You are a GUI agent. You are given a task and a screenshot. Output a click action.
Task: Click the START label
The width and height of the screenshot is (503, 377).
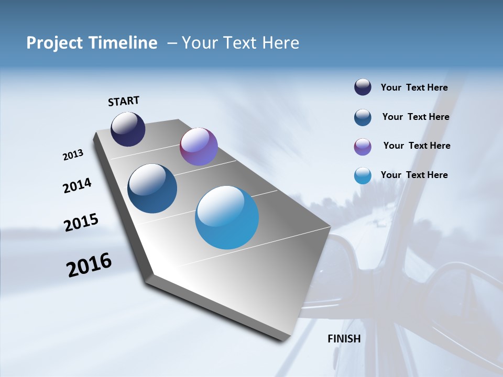click(124, 101)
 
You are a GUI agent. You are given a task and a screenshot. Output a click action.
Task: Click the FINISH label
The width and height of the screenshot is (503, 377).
click(344, 339)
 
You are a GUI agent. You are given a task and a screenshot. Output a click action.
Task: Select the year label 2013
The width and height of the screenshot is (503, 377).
click(73, 155)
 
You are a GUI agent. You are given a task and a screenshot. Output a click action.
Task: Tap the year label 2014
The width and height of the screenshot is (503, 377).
click(77, 186)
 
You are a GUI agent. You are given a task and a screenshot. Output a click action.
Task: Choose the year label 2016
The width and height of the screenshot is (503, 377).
click(89, 265)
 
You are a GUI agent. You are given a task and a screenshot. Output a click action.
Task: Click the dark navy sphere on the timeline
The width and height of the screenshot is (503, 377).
click(128, 129)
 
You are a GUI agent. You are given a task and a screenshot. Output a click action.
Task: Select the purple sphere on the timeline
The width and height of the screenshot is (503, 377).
click(199, 147)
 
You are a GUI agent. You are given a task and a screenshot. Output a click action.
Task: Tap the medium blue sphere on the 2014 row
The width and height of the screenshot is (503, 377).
click(152, 188)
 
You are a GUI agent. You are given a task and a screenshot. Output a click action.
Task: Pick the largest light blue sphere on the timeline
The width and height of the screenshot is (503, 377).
click(227, 217)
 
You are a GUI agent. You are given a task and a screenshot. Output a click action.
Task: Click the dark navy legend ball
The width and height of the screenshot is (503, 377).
click(363, 87)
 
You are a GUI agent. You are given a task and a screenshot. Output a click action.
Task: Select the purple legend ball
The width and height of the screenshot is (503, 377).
click(363, 147)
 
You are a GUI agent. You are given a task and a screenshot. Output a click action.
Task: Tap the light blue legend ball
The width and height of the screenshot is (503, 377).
click(363, 175)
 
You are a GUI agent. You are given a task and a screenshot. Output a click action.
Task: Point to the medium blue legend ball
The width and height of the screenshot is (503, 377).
click(363, 117)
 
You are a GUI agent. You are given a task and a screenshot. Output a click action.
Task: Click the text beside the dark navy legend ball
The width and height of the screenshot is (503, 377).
click(414, 87)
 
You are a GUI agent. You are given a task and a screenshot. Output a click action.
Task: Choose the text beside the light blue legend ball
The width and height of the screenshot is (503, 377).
click(414, 175)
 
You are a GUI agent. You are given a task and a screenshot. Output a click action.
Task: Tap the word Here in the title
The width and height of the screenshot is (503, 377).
click(281, 43)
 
